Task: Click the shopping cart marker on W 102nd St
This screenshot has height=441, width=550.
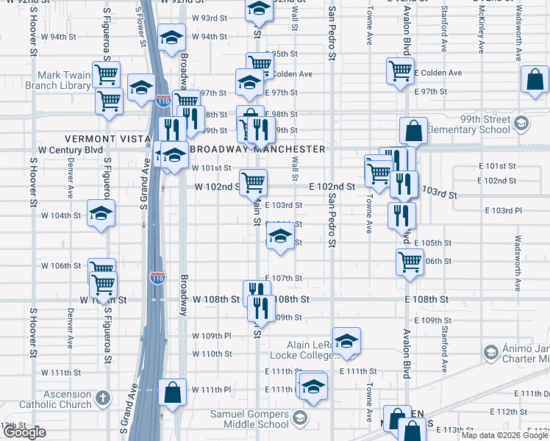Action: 253,181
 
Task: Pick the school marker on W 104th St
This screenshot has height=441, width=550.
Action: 101,213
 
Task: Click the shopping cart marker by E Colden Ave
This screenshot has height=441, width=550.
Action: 400,71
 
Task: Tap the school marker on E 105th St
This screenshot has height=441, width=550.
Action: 279,237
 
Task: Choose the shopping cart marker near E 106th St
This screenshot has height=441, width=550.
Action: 410,260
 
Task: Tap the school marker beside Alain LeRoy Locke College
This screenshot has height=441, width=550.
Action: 346,341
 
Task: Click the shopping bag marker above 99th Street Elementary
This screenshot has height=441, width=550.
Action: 414,131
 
